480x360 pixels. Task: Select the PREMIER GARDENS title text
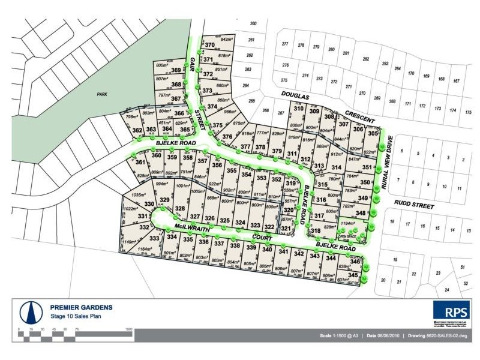[x=81, y=308]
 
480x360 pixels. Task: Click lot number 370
[x=209, y=45]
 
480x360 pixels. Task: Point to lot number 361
[x=140, y=163]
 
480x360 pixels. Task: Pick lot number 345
[x=353, y=275]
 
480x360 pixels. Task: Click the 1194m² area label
[x=349, y=224]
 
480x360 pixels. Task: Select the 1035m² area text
[x=139, y=195]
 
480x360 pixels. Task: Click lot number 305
[x=373, y=134]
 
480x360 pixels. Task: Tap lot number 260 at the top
[x=253, y=23]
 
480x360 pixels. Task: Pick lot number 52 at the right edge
[x=466, y=283]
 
